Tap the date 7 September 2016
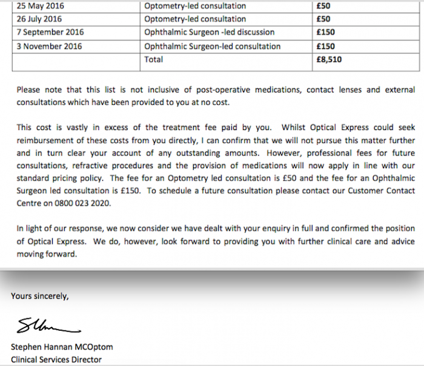51,32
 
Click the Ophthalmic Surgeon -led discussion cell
210,32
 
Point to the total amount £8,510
330,59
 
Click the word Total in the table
154,59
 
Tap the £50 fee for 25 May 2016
323,6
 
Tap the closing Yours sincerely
39,296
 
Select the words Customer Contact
382,191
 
